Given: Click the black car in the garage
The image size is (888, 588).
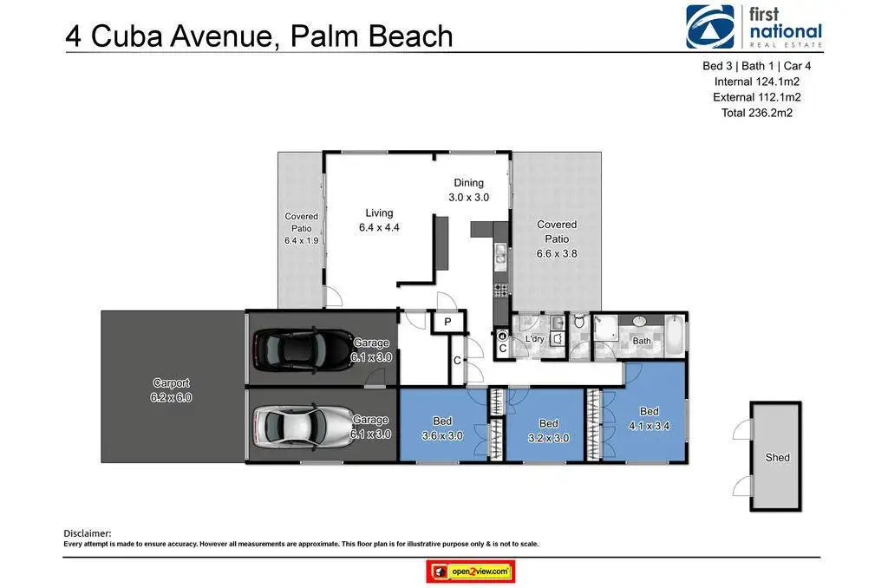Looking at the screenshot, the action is tap(302, 349).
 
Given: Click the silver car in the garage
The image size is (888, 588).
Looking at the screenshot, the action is tap(302, 426).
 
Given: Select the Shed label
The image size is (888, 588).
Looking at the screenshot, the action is tap(777, 457).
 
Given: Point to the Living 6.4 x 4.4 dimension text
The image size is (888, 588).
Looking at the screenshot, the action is tap(379, 227).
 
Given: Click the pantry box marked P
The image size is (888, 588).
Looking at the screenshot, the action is tap(448, 322).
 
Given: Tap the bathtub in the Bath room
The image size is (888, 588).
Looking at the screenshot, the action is tap(674, 336).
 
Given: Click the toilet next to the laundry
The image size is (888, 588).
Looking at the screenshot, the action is tap(578, 322).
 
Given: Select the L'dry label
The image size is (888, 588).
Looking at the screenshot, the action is tap(534, 339).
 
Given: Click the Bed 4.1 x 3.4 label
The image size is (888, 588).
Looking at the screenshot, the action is tap(649, 419).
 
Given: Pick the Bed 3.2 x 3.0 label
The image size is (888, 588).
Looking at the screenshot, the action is tap(548, 430).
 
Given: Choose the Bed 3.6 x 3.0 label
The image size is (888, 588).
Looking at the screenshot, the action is tap(442, 428).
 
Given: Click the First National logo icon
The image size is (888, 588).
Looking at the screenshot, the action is tap(710, 27).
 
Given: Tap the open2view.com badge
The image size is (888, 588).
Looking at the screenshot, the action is tap(471, 572).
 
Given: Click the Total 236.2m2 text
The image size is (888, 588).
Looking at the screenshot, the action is tap(756, 113).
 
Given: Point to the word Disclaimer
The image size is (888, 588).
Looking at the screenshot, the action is tap(88, 533).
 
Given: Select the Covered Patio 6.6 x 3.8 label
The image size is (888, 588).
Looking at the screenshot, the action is tap(557, 239).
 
